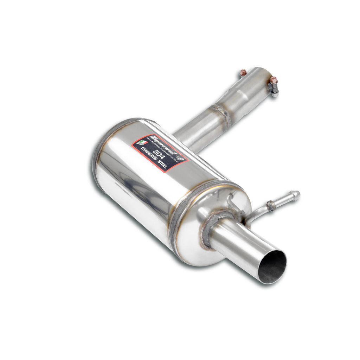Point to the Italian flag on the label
pyautogui.click(x=142, y=142)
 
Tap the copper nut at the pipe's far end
pyautogui.click(x=274, y=80)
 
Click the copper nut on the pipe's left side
pyautogui.click(x=243, y=73)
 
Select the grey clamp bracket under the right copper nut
pyautogui.click(x=274, y=89)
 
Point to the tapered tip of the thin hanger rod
pyautogui.click(x=296, y=194)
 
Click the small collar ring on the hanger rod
pyautogui.click(x=271, y=206)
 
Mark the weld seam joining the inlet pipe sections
pyautogui.click(x=224, y=114)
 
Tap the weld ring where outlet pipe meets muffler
pyautogui.click(x=211, y=229)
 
